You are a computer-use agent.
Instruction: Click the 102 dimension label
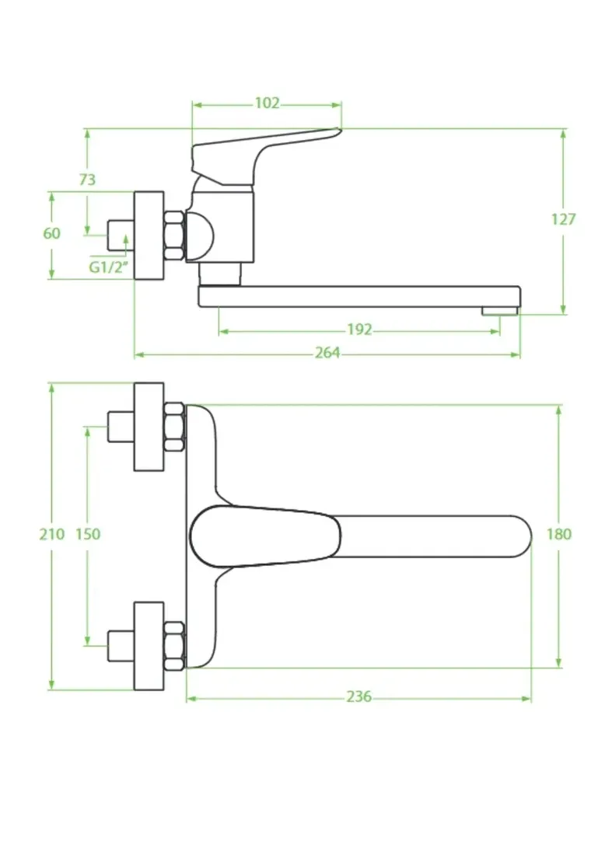click(267, 103)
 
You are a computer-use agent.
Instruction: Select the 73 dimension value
click(87, 180)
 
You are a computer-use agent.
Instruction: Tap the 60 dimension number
click(52, 233)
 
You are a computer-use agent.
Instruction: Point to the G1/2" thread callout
click(109, 267)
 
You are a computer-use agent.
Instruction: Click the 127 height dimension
click(563, 219)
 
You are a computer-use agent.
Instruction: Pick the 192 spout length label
click(359, 330)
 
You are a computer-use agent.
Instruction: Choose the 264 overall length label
click(327, 353)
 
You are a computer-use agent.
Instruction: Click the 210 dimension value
click(52, 534)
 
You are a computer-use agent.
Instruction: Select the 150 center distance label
click(88, 534)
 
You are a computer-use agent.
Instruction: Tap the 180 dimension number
click(559, 534)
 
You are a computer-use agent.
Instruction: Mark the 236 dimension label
click(359, 696)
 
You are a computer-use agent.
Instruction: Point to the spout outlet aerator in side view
click(499, 311)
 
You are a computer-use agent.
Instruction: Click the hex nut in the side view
click(174, 235)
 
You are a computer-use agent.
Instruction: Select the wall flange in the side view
click(149, 235)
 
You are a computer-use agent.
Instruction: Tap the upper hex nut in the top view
click(174, 427)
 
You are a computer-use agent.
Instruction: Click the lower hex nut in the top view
click(174, 646)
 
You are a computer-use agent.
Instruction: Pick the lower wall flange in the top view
click(149, 646)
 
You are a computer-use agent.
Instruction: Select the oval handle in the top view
click(265, 536)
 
